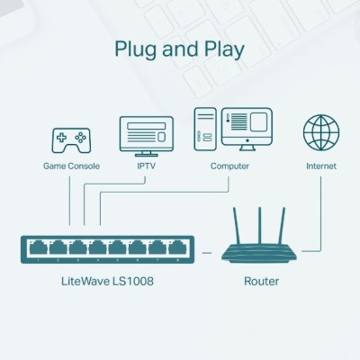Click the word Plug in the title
point(136,49)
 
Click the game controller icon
point(70,139)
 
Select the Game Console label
point(71,166)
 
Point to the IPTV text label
point(146,166)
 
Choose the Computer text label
point(229,166)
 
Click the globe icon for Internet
point(321,133)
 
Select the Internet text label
point(320,166)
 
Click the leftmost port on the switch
point(37,247)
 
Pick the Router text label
point(262,282)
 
